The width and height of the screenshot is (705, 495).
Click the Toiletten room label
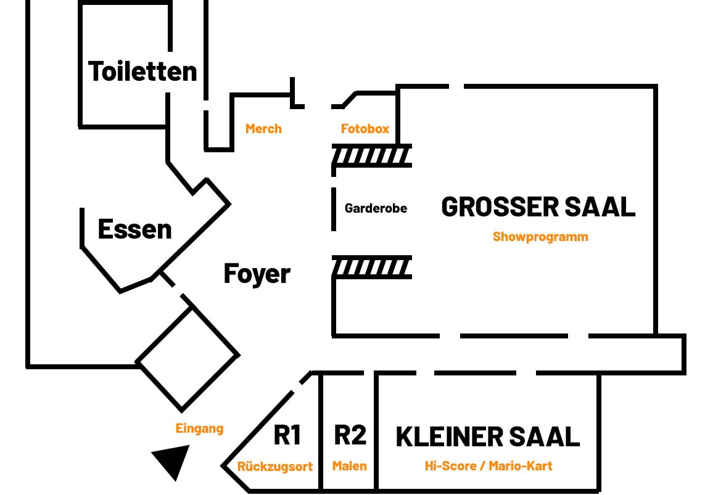143,72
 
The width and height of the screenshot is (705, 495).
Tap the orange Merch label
263,129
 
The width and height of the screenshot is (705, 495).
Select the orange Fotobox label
365,129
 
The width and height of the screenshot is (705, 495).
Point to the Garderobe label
376,208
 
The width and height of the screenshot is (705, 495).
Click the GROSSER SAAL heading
538,207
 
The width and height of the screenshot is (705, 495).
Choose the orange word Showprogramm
540,237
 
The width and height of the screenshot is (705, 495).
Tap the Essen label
134,229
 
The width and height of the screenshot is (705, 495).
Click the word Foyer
257,274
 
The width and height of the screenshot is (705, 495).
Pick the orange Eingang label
199,428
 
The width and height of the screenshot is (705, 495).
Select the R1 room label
287,435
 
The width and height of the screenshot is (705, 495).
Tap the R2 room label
350,435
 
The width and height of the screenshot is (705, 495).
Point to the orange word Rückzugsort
275,467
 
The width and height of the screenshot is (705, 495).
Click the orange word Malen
350,466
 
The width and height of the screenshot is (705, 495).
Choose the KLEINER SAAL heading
487,436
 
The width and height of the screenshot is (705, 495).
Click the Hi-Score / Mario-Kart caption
489,466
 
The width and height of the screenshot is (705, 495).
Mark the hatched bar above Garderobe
372,156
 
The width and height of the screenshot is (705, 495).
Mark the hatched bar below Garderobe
372,268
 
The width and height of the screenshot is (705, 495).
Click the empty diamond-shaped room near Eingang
187,358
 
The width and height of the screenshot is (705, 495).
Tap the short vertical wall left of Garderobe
334,209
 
